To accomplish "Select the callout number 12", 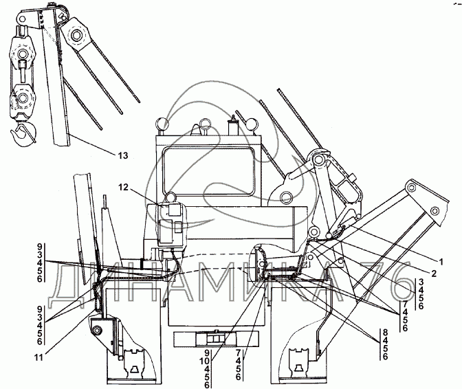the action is click(123, 187).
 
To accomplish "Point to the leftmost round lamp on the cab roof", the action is click(163, 124).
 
